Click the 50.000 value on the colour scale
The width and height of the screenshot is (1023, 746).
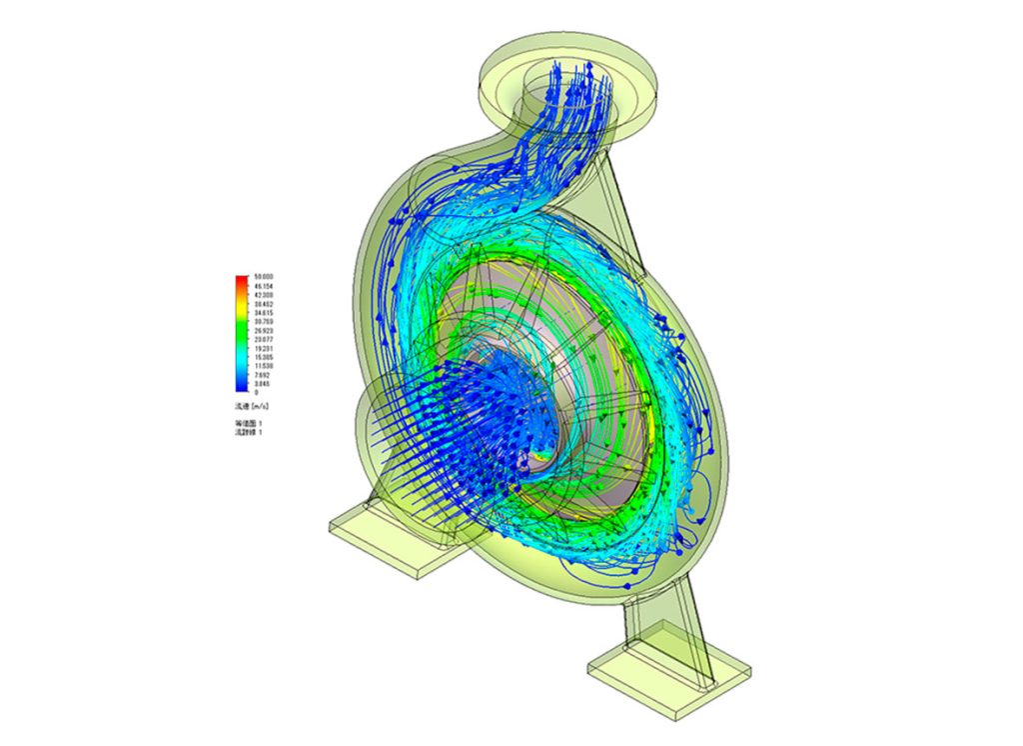point(265,277)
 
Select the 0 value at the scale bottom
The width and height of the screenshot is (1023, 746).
point(257,392)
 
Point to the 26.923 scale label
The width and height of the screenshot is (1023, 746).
point(265,330)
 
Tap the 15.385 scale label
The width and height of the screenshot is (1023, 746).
point(265,357)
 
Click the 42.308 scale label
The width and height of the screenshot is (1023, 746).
point(265,294)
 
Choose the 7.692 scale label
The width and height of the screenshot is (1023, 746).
point(263,374)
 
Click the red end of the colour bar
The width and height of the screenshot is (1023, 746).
point(241,279)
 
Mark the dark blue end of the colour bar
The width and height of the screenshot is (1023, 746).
point(241,388)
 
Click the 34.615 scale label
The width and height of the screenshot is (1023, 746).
point(265,312)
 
